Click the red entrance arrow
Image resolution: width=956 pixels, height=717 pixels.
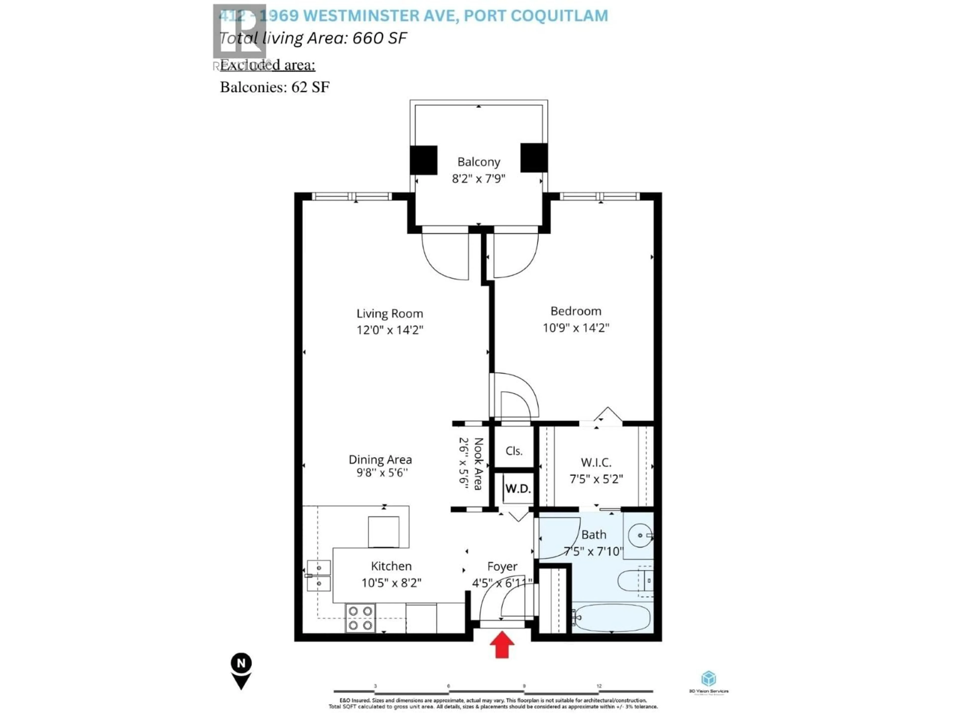[502, 644]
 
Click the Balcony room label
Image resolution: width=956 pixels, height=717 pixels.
[478, 162]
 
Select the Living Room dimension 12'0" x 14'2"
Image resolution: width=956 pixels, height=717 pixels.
[389, 330]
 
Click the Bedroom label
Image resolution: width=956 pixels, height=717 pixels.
[576, 311]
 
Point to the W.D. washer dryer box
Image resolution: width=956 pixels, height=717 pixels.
[518, 489]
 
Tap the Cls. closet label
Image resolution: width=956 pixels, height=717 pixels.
[514, 451]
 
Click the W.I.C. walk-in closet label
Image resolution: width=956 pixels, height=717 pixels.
[596, 463]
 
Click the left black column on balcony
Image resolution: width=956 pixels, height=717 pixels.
[423, 160]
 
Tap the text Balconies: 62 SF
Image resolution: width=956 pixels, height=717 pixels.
[274, 87]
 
